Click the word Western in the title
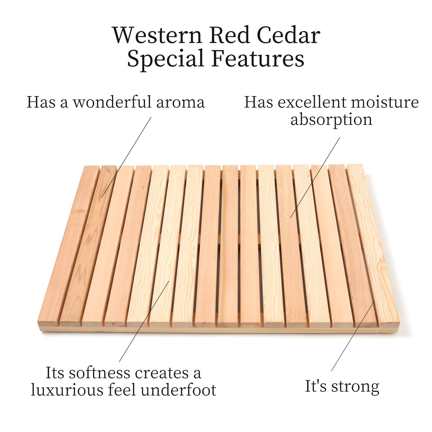coord(158,35)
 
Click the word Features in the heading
coord(258,58)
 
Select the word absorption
coord(331,120)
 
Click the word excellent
coord(312,102)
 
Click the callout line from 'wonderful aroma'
coord(126,157)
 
